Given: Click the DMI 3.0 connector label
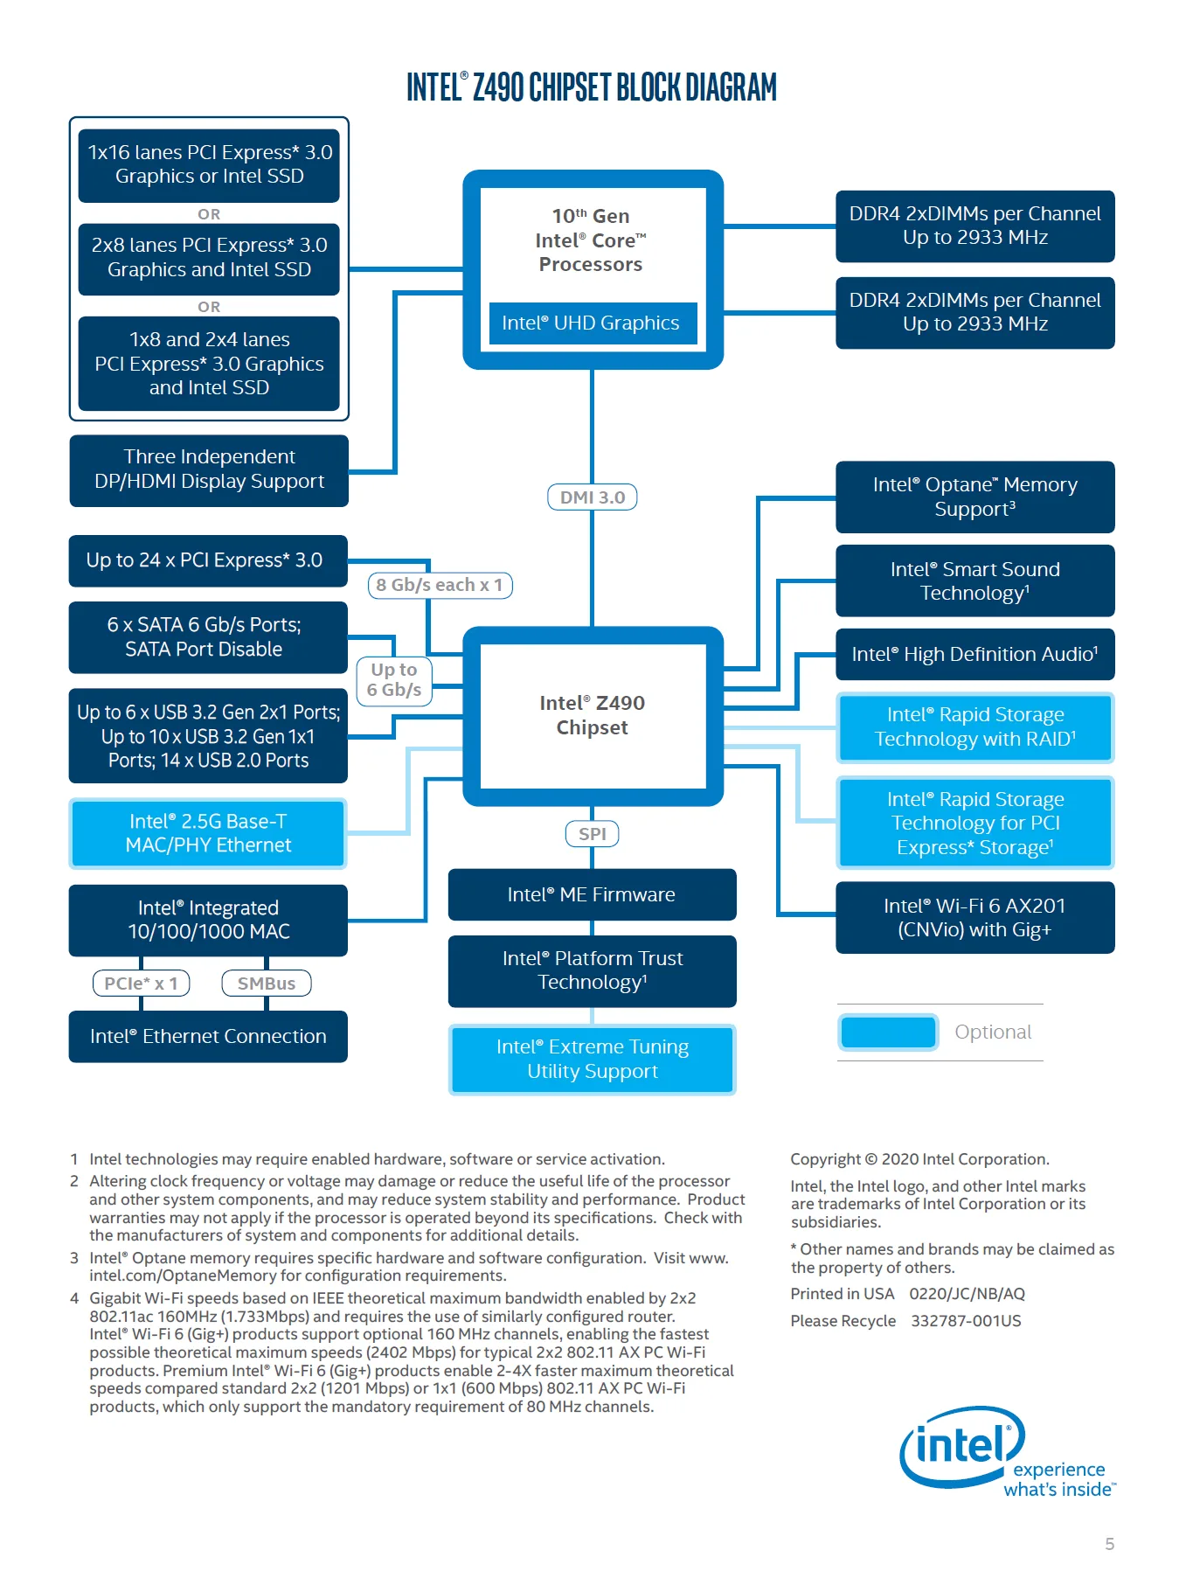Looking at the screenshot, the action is [x=592, y=497].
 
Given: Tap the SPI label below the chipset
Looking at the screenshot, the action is [x=592, y=834].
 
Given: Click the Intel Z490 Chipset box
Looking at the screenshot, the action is [x=593, y=716].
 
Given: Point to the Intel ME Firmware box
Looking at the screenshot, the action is [x=592, y=894].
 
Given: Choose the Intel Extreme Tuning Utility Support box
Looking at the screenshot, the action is [x=593, y=1059].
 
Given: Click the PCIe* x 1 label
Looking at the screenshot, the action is [x=141, y=984].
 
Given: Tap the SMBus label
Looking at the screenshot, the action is [x=267, y=984].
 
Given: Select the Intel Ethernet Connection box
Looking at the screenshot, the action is [x=208, y=1037].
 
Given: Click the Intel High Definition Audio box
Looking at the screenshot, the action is [x=975, y=654].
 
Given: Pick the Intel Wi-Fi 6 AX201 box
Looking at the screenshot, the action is [x=975, y=917].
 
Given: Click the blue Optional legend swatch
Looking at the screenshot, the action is [x=888, y=1032].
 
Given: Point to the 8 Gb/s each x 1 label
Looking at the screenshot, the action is [x=440, y=585].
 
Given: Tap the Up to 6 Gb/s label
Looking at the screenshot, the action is [x=394, y=680].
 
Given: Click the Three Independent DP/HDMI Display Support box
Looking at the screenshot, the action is [x=209, y=470].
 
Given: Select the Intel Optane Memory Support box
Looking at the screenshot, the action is [x=975, y=497].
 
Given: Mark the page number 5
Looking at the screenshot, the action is [x=1109, y=1544].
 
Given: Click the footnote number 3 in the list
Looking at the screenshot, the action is [x=74, y=1258].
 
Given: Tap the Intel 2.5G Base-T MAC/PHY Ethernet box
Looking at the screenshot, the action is [x=208, y=833].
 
